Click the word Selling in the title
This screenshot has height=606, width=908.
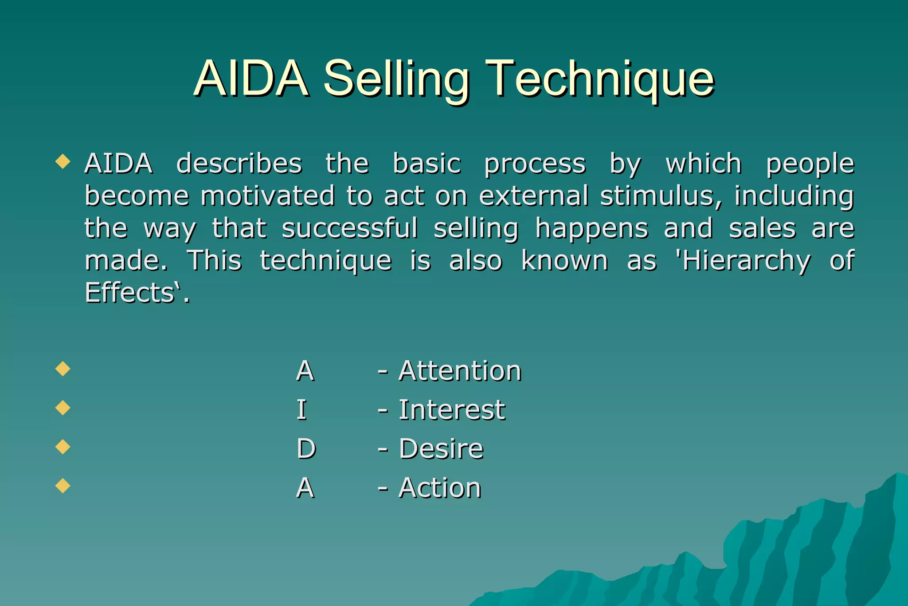click(x=396, y=80)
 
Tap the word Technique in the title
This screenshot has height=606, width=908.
click(x=599, y=80)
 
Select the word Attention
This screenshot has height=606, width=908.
click(x=460, y=371)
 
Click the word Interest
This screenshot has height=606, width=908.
click(x=451, y=410)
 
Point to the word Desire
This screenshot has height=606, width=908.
click(x=441, y=449)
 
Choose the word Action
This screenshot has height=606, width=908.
click(x=439, y=488)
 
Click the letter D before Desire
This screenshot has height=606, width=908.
click(x=306, y=449)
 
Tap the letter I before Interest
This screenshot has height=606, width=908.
click(x=301, y=410)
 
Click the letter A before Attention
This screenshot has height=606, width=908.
click(x=305, y=371)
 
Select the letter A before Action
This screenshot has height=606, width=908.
click(x=305, y=488)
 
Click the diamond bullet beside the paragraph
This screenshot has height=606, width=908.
click(x=63, y=161)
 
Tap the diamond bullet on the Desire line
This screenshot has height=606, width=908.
click(x=63, y=446)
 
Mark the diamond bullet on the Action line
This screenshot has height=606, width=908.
click(x=63, y=485)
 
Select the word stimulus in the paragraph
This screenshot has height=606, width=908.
click(x=661, y=196)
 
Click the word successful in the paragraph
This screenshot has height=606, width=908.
click(x=349, y=228)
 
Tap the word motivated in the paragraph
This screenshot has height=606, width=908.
click(x=267, y=196)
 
